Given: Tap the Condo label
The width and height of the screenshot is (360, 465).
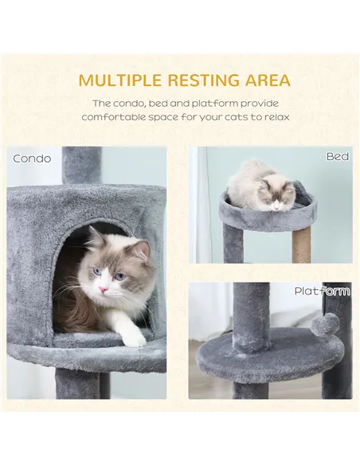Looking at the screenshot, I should click(x=33, y=158).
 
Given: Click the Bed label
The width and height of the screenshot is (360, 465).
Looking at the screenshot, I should click(x=337, y=157).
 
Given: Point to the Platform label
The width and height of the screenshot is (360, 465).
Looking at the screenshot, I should click(x=322, y=291).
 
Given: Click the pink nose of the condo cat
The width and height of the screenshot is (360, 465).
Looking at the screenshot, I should click(x=104, y=290).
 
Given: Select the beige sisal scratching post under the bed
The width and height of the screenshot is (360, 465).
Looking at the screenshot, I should click(x=302, y=244).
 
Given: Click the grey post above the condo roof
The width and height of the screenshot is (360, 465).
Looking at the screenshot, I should click(x=81, y=165).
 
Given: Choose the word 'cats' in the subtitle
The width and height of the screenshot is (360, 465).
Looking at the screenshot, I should click(x=239, y=118).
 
